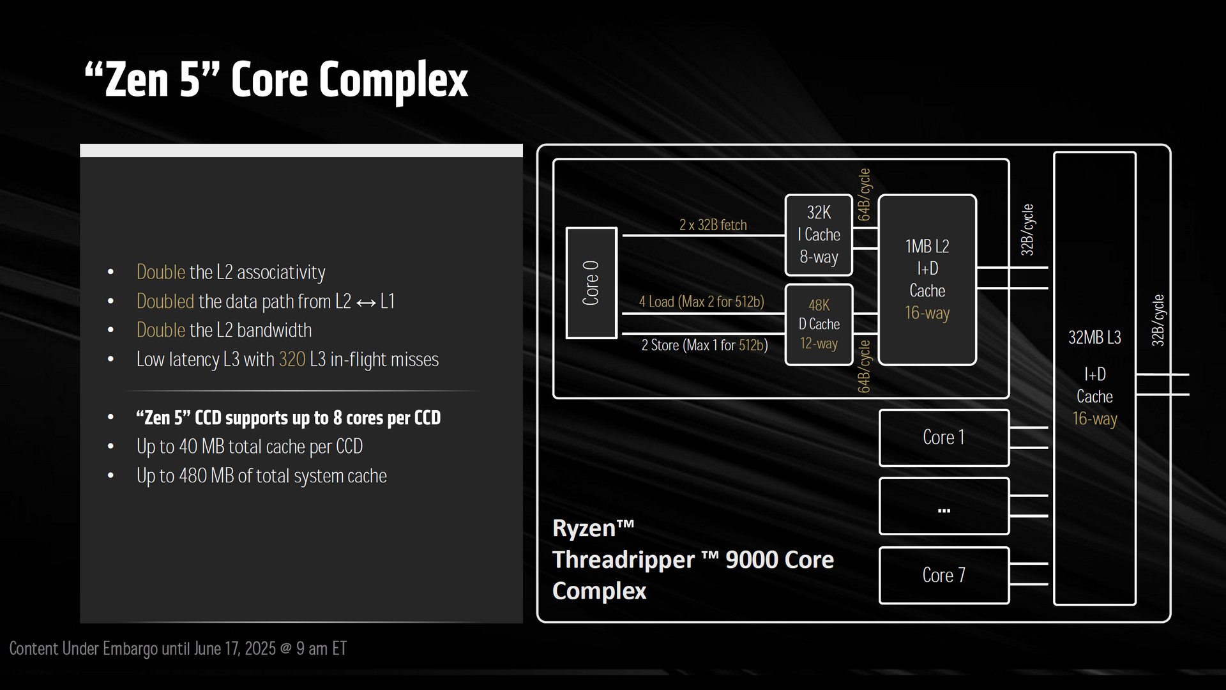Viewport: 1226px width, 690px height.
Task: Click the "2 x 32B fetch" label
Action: pyautogui.click(x=713, y=225)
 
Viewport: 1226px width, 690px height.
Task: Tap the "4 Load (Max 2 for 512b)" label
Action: pyautogui.click(x=702, y=302)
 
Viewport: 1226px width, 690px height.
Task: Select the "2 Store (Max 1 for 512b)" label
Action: pyautogui.click(x=704, y=345)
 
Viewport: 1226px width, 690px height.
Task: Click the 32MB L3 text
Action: pyautogui.click(x=1094, y=337)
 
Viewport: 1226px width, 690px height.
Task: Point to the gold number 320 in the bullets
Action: pyautogui.click(x=292, y=359)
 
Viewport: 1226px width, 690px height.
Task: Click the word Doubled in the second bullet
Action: pyautogui.click(x=165, y=301)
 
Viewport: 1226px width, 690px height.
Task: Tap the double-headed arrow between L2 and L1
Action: pyautogui.click(x=366, y=302)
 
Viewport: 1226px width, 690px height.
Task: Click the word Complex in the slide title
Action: pyautogui.click(x=393, y=80)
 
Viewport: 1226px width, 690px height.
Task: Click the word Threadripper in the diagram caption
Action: pyautogui.click(x=623, y=560)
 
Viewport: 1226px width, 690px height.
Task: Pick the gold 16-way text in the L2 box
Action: pyautogui.click(x=927, y=313)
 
